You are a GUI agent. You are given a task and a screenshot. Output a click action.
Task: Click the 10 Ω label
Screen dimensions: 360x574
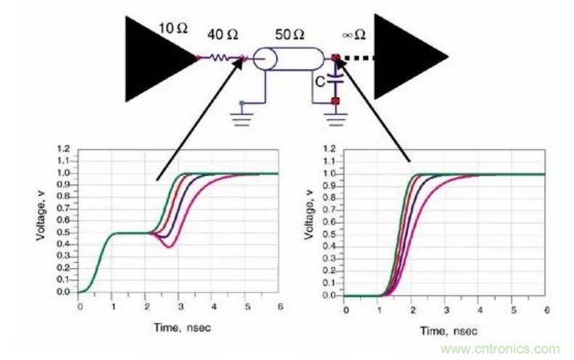click(x=174, y=29)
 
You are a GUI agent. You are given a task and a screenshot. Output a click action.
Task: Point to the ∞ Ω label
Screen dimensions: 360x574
click(x=354, y=34)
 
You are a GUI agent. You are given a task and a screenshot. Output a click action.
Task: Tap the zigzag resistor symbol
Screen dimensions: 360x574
click(x=220, y=57)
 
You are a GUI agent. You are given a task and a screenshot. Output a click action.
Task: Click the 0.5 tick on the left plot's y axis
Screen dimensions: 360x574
click(x=67, y=233)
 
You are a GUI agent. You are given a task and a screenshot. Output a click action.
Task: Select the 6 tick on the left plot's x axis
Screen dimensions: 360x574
click(x=278, y=306)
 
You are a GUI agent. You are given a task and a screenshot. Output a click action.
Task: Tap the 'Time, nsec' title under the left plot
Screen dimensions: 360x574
click(x=177, y=327)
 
